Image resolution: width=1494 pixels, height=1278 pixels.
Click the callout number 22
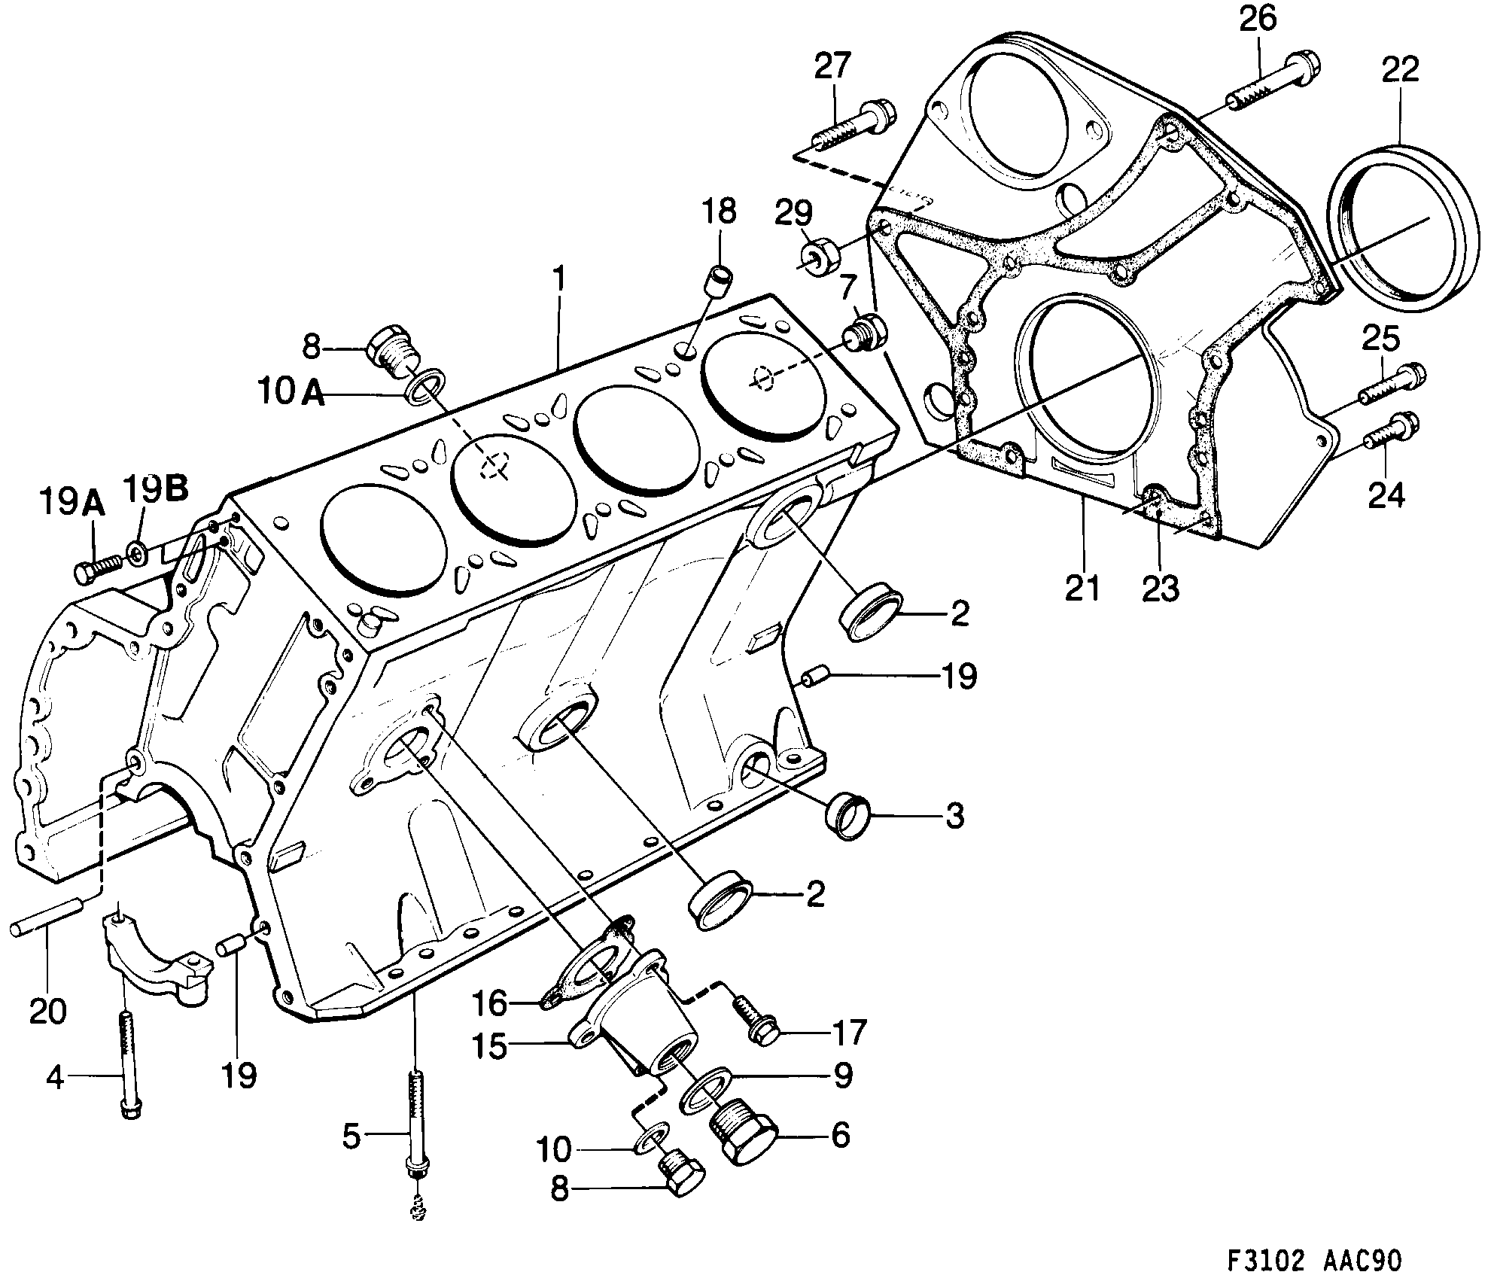point(1400,70)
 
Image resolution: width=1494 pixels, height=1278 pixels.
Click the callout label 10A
point(290,392)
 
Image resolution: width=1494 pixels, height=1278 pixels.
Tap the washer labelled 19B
point(138,554)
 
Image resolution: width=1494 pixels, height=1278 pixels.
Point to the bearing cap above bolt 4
point(154,956)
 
